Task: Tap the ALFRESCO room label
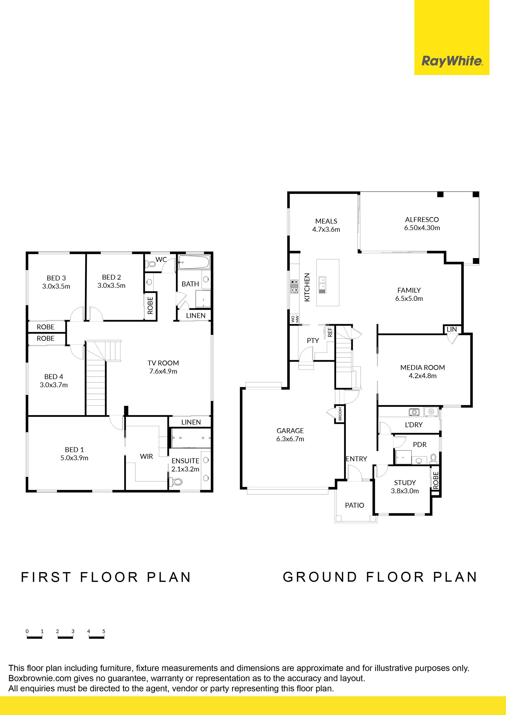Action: click(422, 220)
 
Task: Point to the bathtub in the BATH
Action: click(194, 262)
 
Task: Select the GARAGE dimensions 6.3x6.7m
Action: click(290, 439)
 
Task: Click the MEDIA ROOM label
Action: click(422, 368)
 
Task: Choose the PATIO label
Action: click(354, 505)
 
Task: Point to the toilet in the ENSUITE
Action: click(177, 482)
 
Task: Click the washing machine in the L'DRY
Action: click(414, 412)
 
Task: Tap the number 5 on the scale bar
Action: click(104, 631)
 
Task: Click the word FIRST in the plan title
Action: click(46, 577)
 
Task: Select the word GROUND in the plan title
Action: click(320, 577)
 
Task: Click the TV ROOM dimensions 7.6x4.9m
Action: click(163, 371)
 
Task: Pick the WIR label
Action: click(147, 456)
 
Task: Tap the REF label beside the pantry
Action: click(330, 332)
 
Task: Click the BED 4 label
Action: click(53, 377)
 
